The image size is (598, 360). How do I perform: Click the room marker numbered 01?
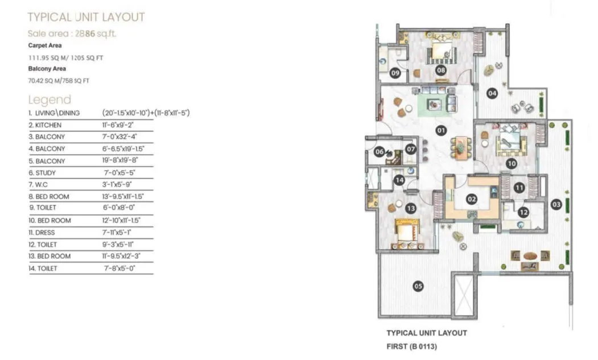(x=440, y=130)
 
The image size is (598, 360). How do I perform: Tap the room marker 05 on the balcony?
(x=418, y=286)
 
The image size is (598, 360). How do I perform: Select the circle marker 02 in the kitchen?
(x=471, y=199)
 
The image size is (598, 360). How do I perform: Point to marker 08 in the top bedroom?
(x=440, y=70)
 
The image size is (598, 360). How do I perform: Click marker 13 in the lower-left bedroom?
(x=410, y=208)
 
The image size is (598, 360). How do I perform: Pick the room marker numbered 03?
(x=556, y=204)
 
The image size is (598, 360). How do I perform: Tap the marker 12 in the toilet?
(x=523, y=212)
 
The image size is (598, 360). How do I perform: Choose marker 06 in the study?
(x=379, y=151)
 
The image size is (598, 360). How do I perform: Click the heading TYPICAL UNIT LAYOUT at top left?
(x=86, y=17)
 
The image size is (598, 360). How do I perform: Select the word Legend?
(x=50, y=100)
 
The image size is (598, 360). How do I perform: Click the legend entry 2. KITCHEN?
(x=45, y=125)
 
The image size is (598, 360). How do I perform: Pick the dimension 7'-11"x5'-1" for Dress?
(x=118, y=233)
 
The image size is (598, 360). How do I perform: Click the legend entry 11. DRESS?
(x=44, y=233)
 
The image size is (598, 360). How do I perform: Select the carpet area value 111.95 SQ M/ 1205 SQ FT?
(x=66, y=58)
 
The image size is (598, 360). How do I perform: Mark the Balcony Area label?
(x=47, y=69)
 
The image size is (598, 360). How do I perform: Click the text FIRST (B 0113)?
(x=411, y=345)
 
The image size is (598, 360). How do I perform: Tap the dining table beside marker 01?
(x=460, y=147)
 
